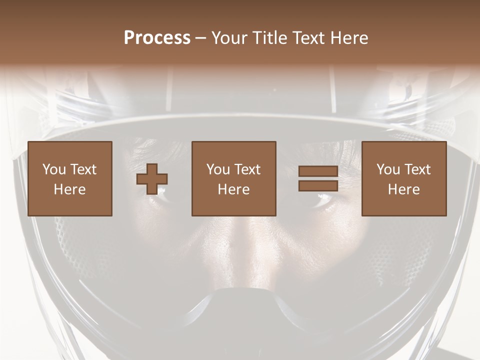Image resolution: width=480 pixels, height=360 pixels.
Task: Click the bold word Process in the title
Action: tap(157, 37)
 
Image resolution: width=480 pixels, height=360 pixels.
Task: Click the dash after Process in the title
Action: tap(200, 38)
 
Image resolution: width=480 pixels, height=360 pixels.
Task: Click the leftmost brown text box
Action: tap(69, 178)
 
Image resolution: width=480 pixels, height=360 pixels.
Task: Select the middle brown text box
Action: tap(233, 178)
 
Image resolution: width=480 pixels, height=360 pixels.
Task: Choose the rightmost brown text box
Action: tap(403, 178)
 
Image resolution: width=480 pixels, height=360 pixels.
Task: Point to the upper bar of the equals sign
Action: tap(318, 171)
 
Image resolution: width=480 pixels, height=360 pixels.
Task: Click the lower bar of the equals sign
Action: tap(318, 185)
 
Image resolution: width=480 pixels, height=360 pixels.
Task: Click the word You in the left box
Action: tap(54, 169)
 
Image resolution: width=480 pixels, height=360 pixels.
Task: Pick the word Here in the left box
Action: tap(69, 189)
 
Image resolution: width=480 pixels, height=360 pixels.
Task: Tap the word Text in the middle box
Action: tap(247, 169)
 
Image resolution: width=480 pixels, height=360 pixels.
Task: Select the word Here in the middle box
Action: tap(233, 189)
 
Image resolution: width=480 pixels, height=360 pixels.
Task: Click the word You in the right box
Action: tap(388, 169)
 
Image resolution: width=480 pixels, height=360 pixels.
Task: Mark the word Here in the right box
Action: tap(403, 189)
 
